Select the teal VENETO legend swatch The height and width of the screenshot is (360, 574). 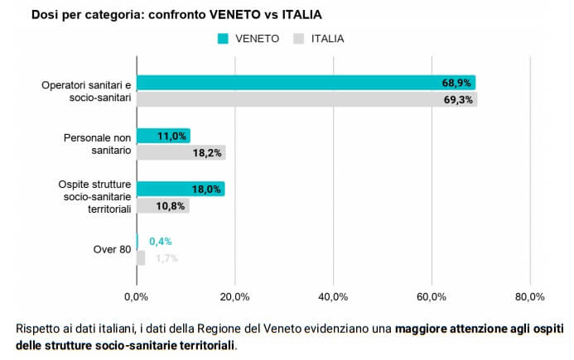point(222,38)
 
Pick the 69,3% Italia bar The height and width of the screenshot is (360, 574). point(306,98)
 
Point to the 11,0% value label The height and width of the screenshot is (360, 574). point(171,136)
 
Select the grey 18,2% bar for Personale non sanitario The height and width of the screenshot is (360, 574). point(181,151)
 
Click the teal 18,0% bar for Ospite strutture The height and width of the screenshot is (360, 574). point(180,189)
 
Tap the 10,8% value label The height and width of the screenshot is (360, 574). point(171,204)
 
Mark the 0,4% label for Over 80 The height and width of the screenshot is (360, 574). point(160,242)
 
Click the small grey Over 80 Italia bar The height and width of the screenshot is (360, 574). point(141,257)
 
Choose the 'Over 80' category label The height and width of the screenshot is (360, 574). point(112,249)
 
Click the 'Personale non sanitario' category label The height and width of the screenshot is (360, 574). point(99,144)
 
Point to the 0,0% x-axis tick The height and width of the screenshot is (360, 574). point(136,296)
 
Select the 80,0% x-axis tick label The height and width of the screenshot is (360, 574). point(530,296)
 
